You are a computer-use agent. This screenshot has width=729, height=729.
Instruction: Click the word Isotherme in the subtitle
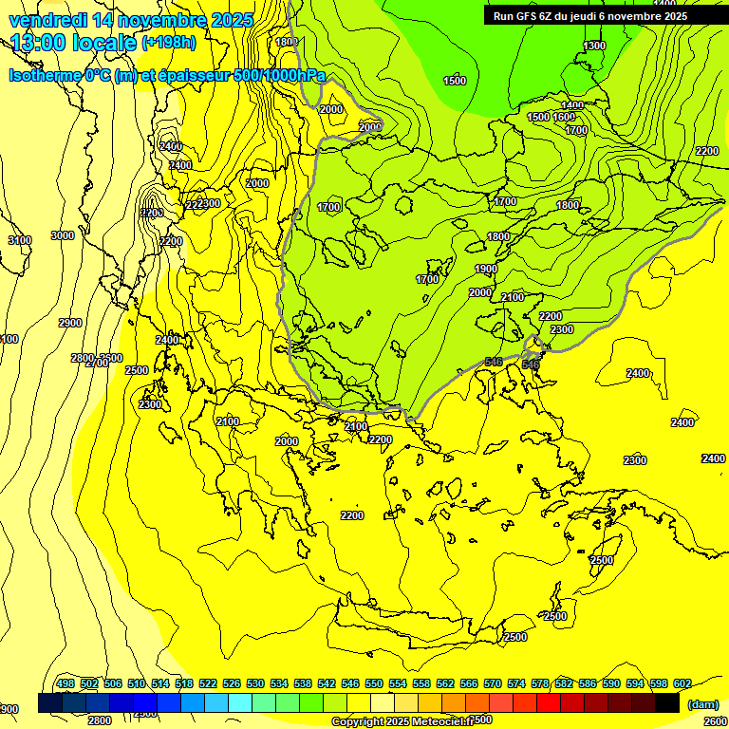pyautogui.click(x=44, y=75)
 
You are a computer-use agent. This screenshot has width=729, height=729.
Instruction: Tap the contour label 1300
pyautogui.click(x=594, y=46)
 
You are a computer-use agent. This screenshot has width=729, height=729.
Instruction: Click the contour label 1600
pyautogui.click(x=564, y=117)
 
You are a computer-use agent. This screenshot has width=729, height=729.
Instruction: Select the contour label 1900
pyautogui.click(x=486, y=270)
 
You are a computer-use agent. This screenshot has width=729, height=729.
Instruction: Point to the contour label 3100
pyautogui.click(x=20, y=240)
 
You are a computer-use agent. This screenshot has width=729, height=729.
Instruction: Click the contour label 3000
pyautogui.click(x=63, y=235)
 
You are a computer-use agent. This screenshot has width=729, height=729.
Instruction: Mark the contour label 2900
pyautogui.click(x=70, y=323)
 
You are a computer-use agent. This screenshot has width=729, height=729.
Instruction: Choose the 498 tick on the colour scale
pyautogui.click(x=65, y=683)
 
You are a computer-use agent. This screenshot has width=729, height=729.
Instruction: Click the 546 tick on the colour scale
pyautogui.click(x=350, y=683)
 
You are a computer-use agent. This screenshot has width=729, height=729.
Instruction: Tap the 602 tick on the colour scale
pyautogui.click(x=682, y=683)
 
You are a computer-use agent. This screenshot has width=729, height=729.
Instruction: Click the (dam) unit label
pyautogui.click(x=702, y=704)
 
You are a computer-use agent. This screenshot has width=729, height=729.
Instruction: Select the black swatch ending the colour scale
pyautogui.click(x=667, y=703)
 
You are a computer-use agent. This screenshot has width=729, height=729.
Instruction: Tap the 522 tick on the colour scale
pyautogui.click(x=208, y=683)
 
